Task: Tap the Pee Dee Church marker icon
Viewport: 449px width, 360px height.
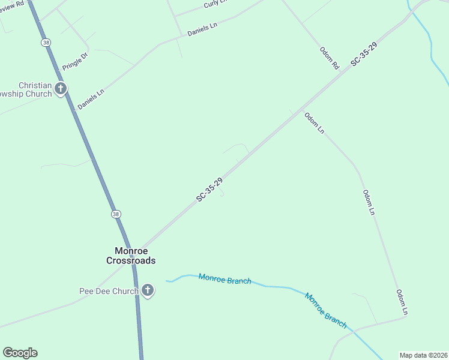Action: pos(148,292)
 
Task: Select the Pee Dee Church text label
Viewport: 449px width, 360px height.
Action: pos(109,292)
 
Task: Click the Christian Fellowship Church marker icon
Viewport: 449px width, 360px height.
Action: pos(60,89)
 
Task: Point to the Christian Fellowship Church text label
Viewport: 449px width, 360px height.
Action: pos(26,89)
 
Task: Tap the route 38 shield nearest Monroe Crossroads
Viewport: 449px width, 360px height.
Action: pos(116,214)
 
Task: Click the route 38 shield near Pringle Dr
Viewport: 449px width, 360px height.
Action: pos(46,43)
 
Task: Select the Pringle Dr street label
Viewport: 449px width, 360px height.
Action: pos(75,61)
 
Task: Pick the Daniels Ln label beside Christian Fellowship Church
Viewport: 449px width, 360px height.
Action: pos(91,99)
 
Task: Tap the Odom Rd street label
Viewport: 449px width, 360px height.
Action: pos(330,58)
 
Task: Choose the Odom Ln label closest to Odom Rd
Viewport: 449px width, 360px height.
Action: pos(314,123)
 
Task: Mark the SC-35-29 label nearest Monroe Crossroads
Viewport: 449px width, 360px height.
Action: pos(209,190)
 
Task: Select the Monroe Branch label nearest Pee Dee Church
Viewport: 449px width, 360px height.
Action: pos(224,279)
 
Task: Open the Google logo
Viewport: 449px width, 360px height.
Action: pos(20,353)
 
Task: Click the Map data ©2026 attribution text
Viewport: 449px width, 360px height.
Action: pos(423,355)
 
